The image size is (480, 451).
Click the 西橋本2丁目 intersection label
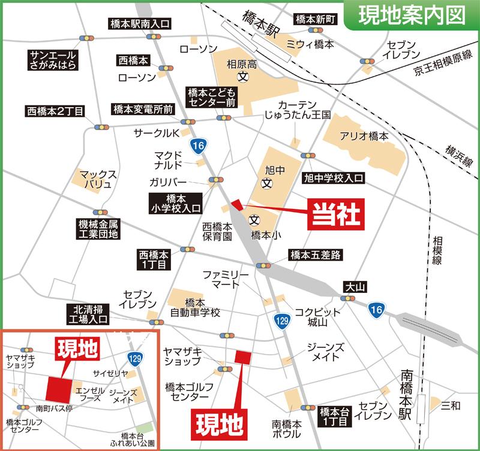pos(55,111)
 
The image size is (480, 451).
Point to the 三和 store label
pos(450,407)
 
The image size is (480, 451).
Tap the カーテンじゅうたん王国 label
pos(298,109)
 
